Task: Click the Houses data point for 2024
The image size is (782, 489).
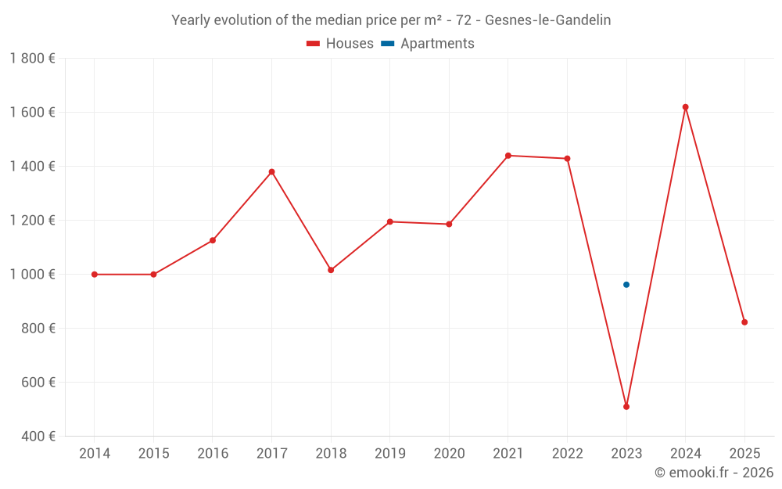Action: (685, 107)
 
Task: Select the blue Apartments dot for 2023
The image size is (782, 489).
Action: (626, 285)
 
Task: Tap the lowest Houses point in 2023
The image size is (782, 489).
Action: (626, 407)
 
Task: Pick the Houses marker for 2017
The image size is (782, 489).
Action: (271, 172)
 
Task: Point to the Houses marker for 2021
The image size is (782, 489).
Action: (508, 156)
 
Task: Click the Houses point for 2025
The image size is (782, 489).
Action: (744, 322)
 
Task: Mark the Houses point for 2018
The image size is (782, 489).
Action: (331, 270)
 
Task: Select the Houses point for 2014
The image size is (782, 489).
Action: (95, 275)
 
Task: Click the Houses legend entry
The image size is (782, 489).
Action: (340, 44)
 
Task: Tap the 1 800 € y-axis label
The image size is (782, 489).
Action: (32, 59)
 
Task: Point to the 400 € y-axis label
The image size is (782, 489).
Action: (38, 437)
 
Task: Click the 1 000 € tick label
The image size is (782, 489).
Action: (32, 275)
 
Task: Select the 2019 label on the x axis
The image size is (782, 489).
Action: (389, 454)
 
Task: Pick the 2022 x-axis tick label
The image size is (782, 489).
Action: (567, 454)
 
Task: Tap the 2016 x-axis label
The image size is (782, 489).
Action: (213, 454)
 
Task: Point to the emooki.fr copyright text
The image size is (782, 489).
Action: (714, 473)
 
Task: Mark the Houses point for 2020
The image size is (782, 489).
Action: (449, 225)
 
